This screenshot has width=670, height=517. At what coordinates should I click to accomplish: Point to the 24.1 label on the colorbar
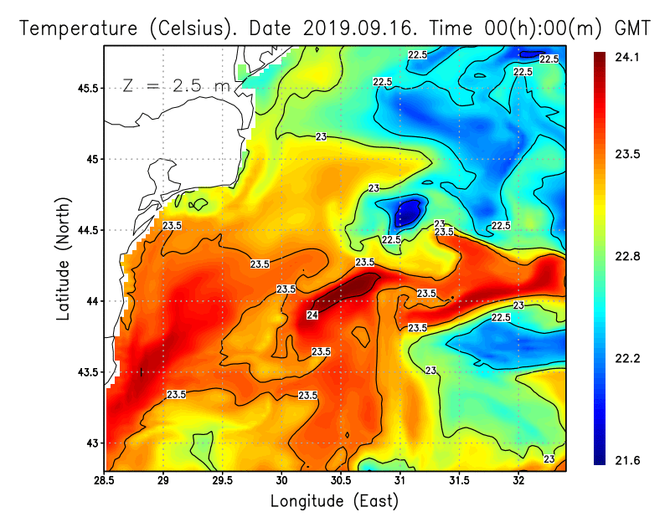(x=625, y=57)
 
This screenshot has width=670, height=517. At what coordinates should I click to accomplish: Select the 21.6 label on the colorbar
(x=625, y=460)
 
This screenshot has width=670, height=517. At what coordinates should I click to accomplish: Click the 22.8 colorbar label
(x=625, y=256)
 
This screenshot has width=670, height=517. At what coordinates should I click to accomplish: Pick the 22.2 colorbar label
(x=625, y=358)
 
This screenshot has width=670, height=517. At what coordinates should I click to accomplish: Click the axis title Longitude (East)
(x=334, y=501)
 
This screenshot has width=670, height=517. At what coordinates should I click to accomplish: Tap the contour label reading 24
(x=312, y=315)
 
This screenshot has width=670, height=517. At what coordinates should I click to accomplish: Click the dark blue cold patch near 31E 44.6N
(x=406, y=213)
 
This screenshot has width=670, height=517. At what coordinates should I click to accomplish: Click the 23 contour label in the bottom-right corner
(x=549, y=458)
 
